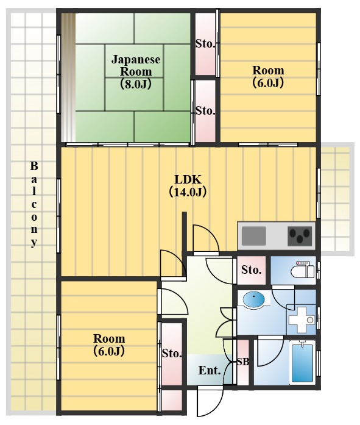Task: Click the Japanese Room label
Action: click(136, 71)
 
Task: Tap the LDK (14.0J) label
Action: click(188, 185)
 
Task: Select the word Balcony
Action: click(34, 204)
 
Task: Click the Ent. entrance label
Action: click(209, 370)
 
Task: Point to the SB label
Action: click(243, 362)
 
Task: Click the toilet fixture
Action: click(303, 270)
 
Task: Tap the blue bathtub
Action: click(302, 362)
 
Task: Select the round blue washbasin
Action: click(253, 300)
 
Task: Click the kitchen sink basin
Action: click(253, 236)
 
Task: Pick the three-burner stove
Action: click(299, 236)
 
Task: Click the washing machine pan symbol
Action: click(302, 320)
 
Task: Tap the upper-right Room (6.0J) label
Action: click(268, 77)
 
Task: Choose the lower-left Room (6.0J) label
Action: click(109, 345)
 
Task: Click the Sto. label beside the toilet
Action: click(251, 270)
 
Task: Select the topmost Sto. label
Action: click(205, 44)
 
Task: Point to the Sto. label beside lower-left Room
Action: click(172, 354)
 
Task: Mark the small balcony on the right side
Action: click(337, 199)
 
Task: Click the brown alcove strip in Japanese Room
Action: click(68, 77)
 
